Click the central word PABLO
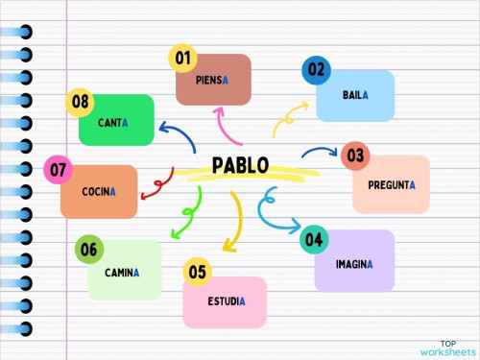click(x=240, y=164)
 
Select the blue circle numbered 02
click(x=316, y=70)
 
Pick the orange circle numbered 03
click(x=355, y=156)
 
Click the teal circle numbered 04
click(x=313, y=239)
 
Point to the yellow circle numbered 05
click(x=197, y=273)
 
